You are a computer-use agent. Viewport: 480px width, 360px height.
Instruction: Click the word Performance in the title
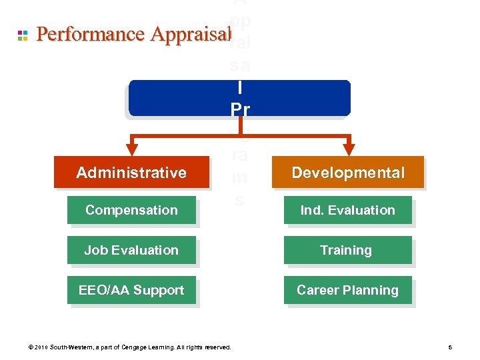(91, 34)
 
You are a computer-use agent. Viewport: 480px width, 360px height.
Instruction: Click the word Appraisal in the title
(190, 34)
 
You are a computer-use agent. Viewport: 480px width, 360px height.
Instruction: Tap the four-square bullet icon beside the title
(23, 35)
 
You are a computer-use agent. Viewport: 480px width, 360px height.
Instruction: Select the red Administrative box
(131, 173)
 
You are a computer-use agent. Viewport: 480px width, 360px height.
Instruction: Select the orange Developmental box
(347, 173)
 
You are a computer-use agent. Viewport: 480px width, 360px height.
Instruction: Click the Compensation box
(131, 210)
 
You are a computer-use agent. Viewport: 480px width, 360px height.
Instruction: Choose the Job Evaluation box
(131, 250)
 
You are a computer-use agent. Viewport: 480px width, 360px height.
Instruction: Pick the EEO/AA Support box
(131, 290)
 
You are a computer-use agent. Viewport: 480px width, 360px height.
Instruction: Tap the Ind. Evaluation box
(347, 210)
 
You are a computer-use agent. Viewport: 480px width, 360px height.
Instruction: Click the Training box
(347, 250)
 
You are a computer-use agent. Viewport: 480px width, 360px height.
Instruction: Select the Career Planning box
(347, 290)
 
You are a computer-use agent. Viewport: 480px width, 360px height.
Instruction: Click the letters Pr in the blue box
(240, 108)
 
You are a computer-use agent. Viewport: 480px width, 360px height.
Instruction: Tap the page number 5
(451, 347)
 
